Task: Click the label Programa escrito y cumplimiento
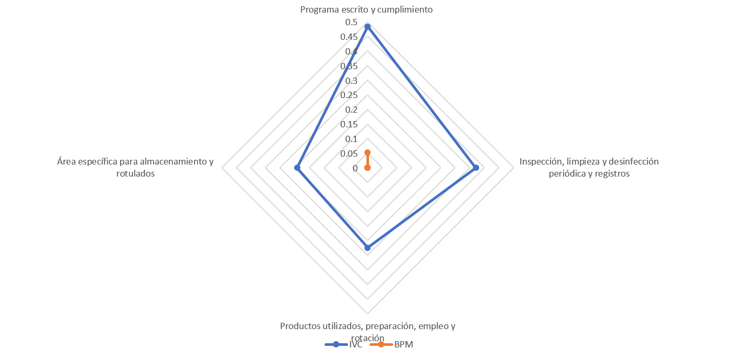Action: pos(367,9)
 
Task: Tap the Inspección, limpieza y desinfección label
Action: pos(589,161)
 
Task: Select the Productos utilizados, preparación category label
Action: pos(367,326)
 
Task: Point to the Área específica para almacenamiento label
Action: pos(135,161)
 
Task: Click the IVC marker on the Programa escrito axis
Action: pos(368,26)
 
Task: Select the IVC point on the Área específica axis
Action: pos(297,168)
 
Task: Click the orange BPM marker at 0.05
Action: pos(368,152)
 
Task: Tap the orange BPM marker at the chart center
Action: pos(368,168)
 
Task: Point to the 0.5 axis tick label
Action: pos(351,23)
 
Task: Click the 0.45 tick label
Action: pos(349,37)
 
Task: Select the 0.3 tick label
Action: pos(351,81)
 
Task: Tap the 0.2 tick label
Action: pos(351,110)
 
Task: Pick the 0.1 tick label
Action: pos(351,139)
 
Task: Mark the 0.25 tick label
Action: pos(349,95)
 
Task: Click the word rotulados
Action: pos(135,173)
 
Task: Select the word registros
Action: pos(612,173)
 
